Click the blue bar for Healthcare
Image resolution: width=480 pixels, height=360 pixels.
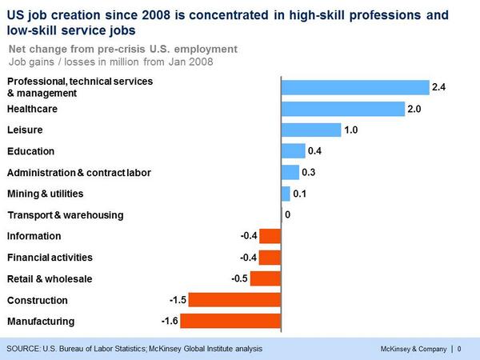click(342, 109)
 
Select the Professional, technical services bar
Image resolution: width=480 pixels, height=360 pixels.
click(354, 87)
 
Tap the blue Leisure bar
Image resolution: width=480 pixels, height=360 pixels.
click(310, 130)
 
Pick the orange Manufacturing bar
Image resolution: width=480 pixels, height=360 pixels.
click(230, 321)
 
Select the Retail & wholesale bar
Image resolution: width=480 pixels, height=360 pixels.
click(265, 278)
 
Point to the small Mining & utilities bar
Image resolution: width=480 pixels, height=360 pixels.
click(286, 194)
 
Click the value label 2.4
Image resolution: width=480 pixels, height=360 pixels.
click(438, 87)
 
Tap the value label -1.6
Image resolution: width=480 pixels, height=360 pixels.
click(168, 321)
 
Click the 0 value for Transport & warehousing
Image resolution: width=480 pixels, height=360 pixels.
click(287, 214)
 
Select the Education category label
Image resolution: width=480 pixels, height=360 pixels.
click(30, 151)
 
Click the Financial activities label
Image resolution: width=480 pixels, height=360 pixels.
click(50, 258)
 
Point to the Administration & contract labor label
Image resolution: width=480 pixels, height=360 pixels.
click(78, 172)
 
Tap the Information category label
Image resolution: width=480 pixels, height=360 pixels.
click(34, 236)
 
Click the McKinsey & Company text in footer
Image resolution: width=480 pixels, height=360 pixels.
click(414, 349)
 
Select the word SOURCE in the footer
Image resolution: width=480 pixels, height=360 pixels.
click(26, 349)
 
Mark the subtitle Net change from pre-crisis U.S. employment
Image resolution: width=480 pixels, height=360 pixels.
click(122, 49)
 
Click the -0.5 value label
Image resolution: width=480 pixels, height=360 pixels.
click(238, 278)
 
